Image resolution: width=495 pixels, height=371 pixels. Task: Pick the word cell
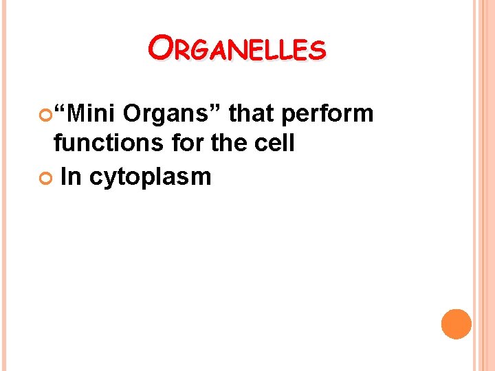click(x=274, y=144)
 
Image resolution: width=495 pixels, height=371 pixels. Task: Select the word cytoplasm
click(x=150, y=177)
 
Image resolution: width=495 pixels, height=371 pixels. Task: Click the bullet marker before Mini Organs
click(x=47, y=114)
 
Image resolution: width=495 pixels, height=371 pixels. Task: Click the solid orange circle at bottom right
click(x=456, y=324)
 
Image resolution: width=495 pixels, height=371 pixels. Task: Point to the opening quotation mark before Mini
click(x=60, y=108)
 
